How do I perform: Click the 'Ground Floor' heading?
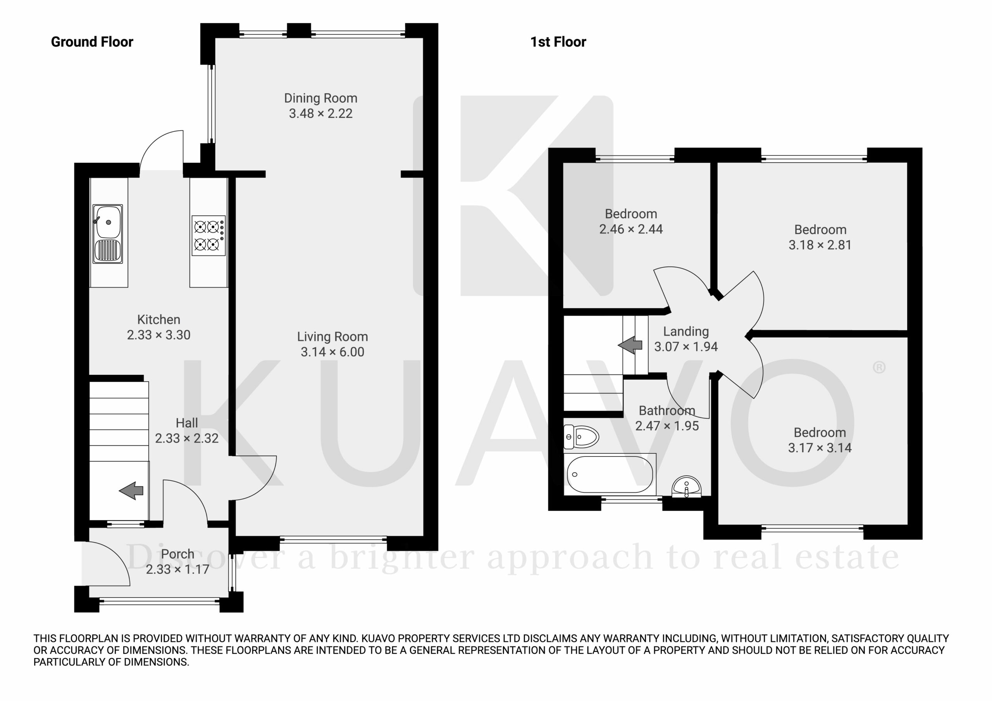click(92, 42)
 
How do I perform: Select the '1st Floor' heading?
click(558, 42)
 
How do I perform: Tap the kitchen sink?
click(108, 234)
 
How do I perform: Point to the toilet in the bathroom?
click(581, 437)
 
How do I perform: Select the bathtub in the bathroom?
click(610, 475)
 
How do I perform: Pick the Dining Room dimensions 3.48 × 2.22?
click(320, 114)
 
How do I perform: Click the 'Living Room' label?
click(332, 337)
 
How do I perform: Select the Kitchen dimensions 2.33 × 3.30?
click(158, 335)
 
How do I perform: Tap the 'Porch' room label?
click(177, 554)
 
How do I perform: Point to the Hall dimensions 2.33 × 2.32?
click(187, 438)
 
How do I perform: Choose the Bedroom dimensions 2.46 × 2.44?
click(631, 229)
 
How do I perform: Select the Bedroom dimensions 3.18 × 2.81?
click(820, 245)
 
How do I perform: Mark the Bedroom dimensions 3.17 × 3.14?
click(820, 448)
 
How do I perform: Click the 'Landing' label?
click(686, 331)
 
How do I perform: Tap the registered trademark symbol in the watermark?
click(879, 368)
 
